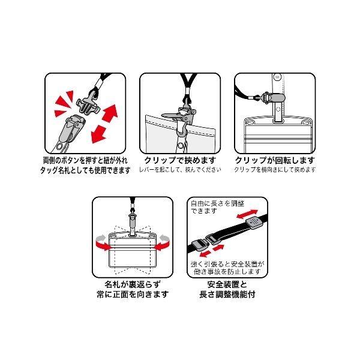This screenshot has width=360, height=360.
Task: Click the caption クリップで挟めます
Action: click(180, 160)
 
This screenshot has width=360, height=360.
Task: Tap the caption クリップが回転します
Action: click(275, 160)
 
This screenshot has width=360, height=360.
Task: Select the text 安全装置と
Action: click(227, 284)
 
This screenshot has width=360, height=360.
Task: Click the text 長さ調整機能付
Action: click(227, 295)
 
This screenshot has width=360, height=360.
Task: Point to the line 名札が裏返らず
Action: click(133, 284)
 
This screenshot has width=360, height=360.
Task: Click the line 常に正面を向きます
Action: click(133, 295)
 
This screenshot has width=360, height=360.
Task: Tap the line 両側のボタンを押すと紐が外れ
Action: click(85, 160)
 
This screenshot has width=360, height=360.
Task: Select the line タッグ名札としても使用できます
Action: click(85, 170)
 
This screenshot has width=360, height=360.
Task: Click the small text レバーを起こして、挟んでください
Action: click(180, 170)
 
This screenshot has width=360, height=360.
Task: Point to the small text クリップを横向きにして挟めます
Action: click(275, 170)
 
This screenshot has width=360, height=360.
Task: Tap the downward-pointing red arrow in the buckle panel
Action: click(98, 135)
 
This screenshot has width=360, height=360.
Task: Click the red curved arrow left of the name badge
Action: click(102, 244)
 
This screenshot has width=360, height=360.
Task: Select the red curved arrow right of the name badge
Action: click(163, 244)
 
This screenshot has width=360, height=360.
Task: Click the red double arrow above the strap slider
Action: click(247, 214)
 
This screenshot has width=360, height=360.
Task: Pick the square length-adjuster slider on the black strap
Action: click(253, 223)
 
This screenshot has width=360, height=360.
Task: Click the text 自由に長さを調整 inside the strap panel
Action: click(217, 203)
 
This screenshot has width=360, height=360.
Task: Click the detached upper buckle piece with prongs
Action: click(88, 105)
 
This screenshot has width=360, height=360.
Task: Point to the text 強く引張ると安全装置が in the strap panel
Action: click(227, 264)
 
